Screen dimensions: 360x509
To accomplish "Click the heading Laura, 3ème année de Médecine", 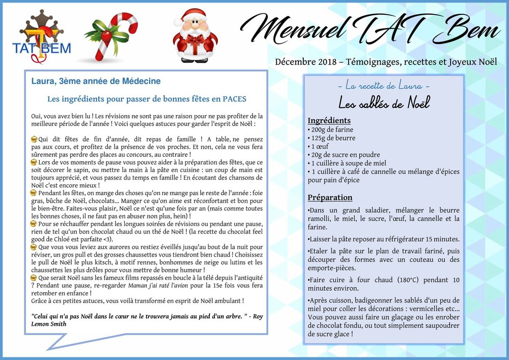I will click(x=96, y=81).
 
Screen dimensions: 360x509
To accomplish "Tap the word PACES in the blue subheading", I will click(x=235, y=98).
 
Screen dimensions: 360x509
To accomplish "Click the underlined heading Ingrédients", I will click(x=329, y=121).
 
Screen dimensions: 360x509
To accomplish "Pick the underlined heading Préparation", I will click(x=330, y=198).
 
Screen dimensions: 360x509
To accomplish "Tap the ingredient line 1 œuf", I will click(x=320, y=147).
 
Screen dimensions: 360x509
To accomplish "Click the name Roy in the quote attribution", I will click(x=258, y=315).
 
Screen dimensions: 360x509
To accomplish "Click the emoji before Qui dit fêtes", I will click(x=34, y=139).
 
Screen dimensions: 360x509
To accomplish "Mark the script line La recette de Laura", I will click(x=384, y=86).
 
